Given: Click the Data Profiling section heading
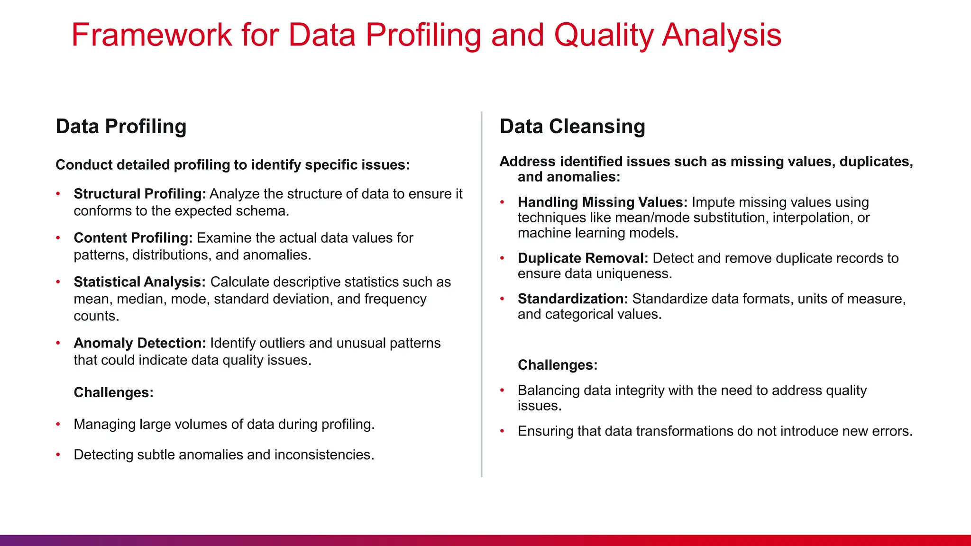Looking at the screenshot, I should point(121,127).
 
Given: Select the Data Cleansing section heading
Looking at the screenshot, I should point(572,127).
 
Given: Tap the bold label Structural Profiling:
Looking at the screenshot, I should point(139,194).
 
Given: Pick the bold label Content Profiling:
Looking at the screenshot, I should point(133,238).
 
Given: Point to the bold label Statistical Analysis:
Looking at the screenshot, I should point(139,282).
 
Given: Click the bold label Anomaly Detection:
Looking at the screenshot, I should point(139,343).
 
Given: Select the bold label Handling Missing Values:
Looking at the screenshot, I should point(602,202).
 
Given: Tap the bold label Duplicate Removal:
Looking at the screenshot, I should point(583,258).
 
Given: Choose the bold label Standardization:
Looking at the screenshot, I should point(573,299).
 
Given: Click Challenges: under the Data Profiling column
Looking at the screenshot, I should point(113,392).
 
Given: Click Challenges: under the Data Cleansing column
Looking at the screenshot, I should point(558,365).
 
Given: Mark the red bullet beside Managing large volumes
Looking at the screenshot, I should point(58,424).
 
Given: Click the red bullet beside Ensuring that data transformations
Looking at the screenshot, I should point(502,431).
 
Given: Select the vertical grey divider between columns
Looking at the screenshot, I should point(482,294).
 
